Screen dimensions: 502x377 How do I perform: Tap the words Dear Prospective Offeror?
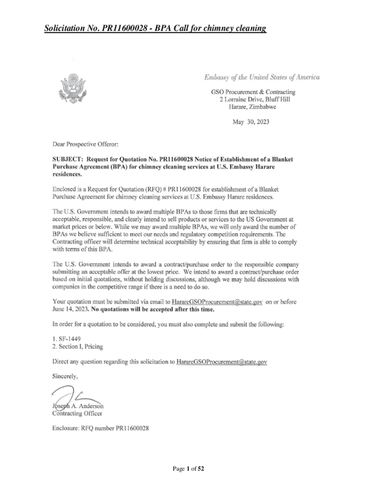pyautogui.click(x=82, y=145)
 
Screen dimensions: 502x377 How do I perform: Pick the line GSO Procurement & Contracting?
pyautogui.click(x=253, y=92)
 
